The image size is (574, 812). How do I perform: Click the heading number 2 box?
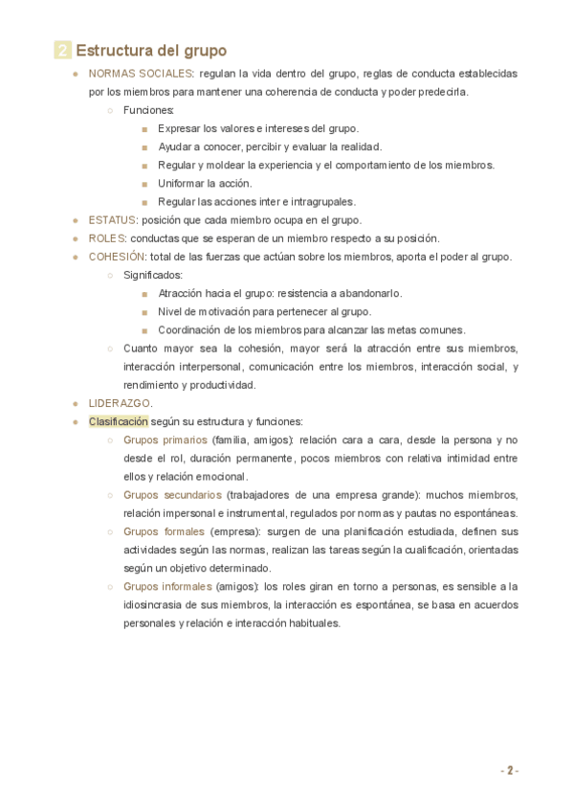(x=62, y=51)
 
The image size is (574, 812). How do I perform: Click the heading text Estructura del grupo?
(x=151, y=51)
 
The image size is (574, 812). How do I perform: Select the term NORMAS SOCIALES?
(x=141, y=74)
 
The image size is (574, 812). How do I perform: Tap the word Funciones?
(x=148, y=110)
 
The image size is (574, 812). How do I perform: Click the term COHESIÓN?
(x=117, y=257)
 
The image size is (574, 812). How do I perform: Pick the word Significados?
(x=153, y=275)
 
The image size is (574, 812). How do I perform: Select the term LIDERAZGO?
(x=120, y=403)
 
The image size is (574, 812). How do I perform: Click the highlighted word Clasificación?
(x=119, y=421)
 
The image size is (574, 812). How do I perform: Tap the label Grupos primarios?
(x=165, y=440)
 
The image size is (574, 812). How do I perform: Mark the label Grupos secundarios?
(x=172, y=495)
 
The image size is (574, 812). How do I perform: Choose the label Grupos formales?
(x=164, y=531)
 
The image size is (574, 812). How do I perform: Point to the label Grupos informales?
(x=167, y=587)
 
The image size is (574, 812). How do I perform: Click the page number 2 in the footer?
(x=510, y=771)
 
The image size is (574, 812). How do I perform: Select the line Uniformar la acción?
(x=205, y=184)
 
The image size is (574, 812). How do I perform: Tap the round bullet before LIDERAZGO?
(x=76, y=404)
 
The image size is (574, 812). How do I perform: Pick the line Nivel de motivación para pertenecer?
(x=264, y=312)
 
